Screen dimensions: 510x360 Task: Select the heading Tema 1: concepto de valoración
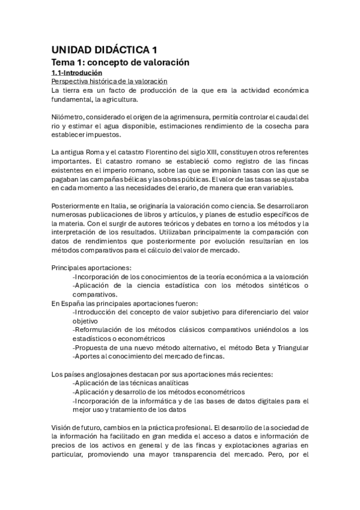(120, 62)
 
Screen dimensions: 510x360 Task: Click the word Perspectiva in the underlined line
(70, 81)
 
